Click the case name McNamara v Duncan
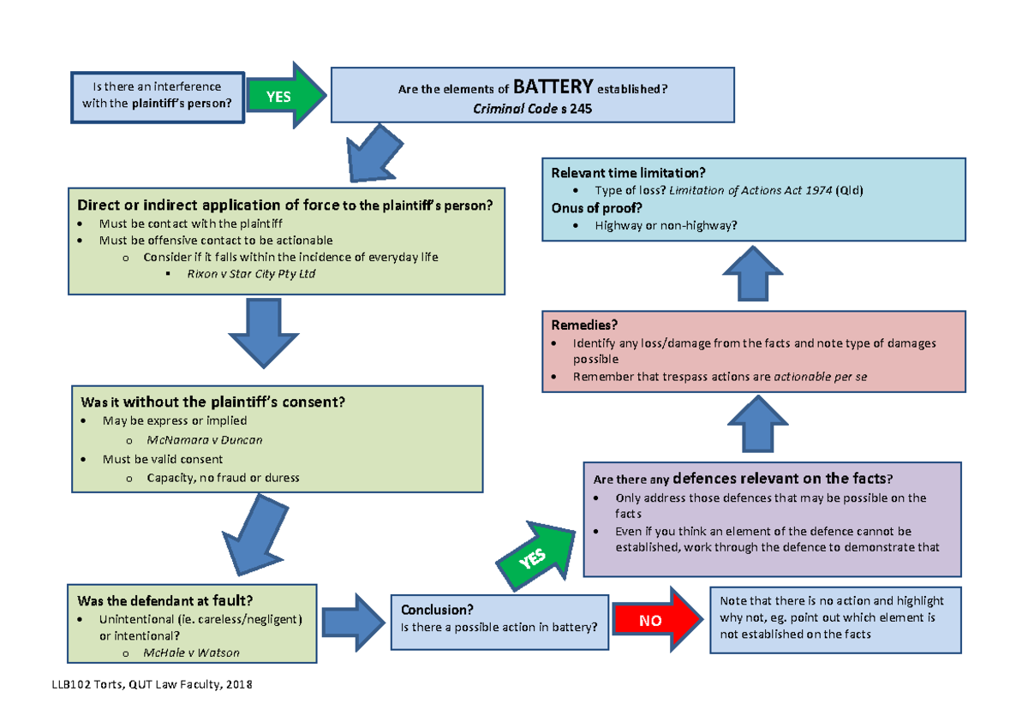(x=205, y=439)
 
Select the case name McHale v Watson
(x=191, y=653)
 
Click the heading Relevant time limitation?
(x=628, y=172)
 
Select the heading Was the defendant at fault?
(x=164, y=600)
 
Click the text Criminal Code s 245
(x=532, y=109)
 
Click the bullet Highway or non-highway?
(x=666, y=225)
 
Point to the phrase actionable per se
(x=820, y=377)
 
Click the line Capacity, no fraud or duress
(x=223, y=478)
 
